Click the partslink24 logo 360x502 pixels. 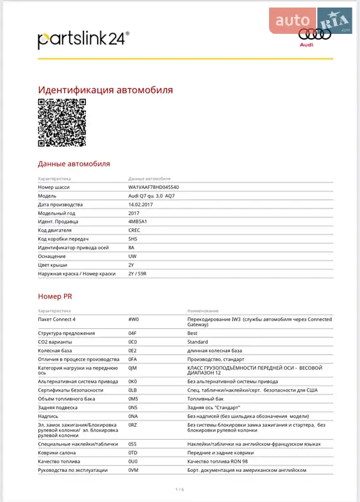[x=83, y=40]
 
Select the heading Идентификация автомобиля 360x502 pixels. [x=105, y=90]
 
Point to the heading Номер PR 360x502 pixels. [x=55, y=296]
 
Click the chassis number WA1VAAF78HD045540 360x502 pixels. [x=153, y=188]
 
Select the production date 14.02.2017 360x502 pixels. [x=140, y=205]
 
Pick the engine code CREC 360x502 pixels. [x=135, y=230]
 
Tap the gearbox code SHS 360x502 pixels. [x=133, y=239]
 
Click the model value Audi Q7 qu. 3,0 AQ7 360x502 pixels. [x=152, y=196]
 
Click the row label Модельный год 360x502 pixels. [x=60, y=213]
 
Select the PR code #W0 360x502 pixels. [x=134, y=319]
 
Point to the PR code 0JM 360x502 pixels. [x=132, y=368]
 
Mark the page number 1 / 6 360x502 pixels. [x=179, y=489]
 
